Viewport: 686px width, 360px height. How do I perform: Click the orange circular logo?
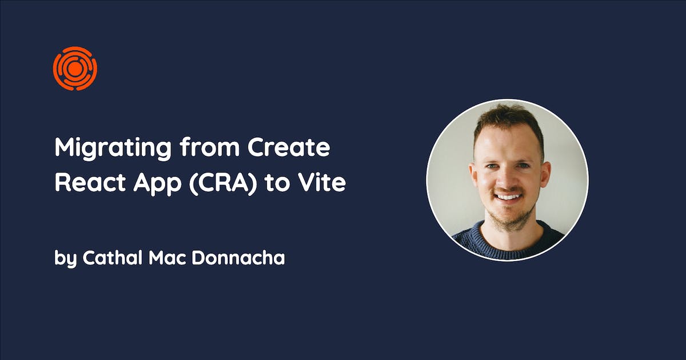coord(75,68)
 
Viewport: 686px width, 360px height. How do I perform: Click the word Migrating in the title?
coord(113,149)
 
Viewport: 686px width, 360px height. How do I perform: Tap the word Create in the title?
coord(289,147)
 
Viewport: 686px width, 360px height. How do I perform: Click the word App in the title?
coord(157,183)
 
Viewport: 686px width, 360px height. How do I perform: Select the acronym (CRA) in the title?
coord(223,183)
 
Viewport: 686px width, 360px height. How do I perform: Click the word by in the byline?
coord(65,259)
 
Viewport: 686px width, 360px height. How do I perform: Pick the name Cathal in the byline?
coord(113,258)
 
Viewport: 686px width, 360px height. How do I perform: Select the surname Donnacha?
coord(238,258)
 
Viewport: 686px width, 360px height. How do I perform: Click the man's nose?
coord(508,179)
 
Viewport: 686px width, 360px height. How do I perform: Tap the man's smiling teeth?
coord(508,197)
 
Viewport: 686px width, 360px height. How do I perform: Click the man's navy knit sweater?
coord(508,243)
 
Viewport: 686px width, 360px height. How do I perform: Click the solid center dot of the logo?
coord(74,69)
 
